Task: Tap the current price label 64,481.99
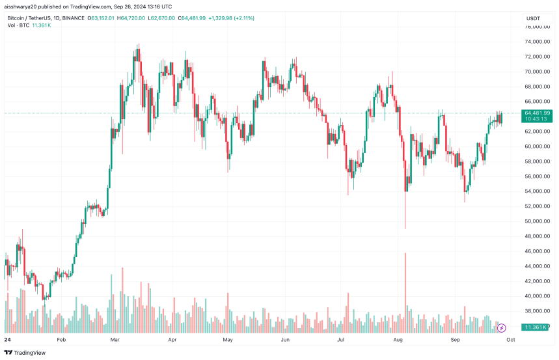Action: (x=537, y=113)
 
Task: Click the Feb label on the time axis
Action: (x=61, y=340)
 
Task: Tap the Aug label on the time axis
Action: (x=398, y=340)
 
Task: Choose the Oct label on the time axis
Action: (x=511, y=340)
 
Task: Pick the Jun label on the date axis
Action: (x=285, y=340)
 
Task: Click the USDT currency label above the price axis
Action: (x=532, y=18)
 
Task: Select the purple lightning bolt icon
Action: (x=501, y=327)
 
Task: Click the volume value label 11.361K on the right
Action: (x=536, y=327)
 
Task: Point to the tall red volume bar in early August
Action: (x=405, y=286)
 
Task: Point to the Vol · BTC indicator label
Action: (x=18, y=25)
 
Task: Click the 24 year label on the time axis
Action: (x=8, y=340)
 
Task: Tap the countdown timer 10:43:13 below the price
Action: (x=537, y=119)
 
